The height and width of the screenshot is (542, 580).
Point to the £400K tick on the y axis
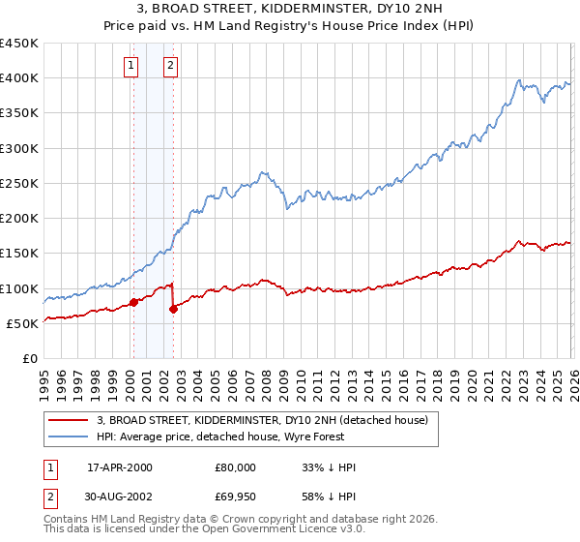point(19,78)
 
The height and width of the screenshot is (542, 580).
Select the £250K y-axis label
point(19,183)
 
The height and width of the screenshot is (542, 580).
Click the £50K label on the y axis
point(23,323)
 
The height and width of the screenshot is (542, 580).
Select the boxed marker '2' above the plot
point(170,66)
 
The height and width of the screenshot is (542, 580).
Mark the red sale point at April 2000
point(133,302)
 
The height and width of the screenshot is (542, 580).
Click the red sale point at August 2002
point(174,309)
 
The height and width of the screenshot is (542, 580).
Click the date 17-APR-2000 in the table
point(120,467)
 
